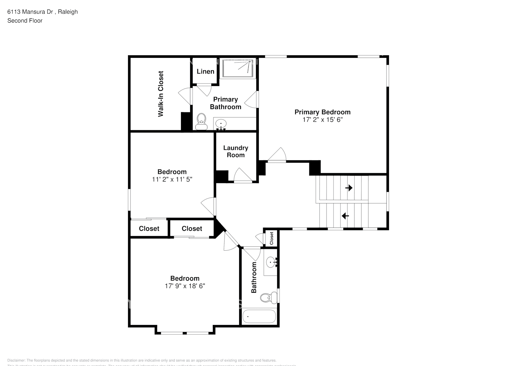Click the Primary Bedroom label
[322, 112]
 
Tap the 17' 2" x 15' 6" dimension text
[322, 120]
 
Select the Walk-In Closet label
[161, 94]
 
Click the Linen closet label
[205, 71]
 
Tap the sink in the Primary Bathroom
[221, 124]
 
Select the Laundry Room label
[235, 151]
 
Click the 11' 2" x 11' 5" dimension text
[172, 179]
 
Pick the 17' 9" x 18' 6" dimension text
[185, 286]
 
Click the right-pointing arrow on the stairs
[349, 188]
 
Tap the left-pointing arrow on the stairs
[345, 216]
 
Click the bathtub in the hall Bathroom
[259, 317]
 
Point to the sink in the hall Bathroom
[272, 262]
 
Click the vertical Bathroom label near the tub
[253, 277]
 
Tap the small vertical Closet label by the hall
[271, 239]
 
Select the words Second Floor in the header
[25, 20]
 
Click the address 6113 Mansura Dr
[31, 12]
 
